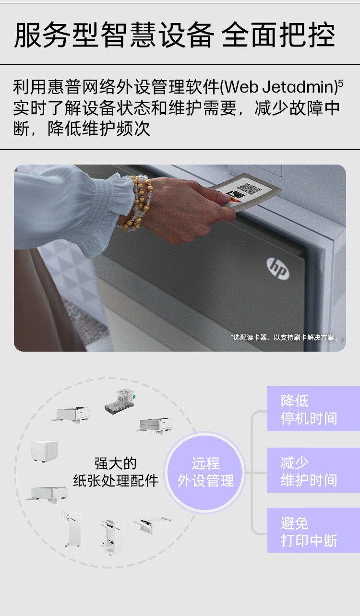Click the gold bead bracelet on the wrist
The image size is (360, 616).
click(137, 201)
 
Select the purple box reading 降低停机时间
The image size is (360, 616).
click(313, 409)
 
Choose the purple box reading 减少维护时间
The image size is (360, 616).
click(313, 471)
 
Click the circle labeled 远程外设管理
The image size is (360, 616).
click(205, 472)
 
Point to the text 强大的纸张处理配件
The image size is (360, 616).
click(115, 472)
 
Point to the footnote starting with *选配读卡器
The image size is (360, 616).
click(286, 337)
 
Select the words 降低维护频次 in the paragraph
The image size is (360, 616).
click(99, 129)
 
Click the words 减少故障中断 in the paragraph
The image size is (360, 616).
click(297, 108)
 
